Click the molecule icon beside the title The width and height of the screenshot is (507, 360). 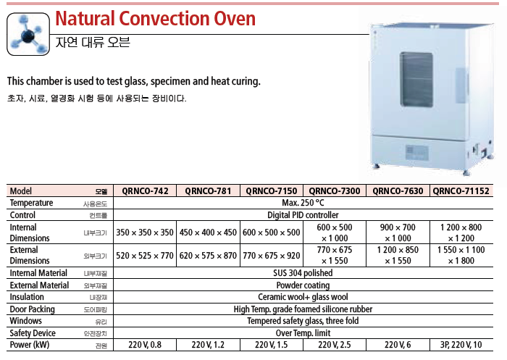pyautogui.click(x=28, y=34)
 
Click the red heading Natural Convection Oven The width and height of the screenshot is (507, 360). pyautogui.click(x=155, y=18)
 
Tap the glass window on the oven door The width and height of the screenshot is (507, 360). pyautogui.click(x=416, y=80)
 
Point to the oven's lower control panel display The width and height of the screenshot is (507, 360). pyautogui.click(x=417, y=152)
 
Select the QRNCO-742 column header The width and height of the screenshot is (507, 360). pyautogui.click(x=145, y=191)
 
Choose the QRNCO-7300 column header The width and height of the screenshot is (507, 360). pyautogui.click(x=335, y=191)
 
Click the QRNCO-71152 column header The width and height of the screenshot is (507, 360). pyautogui.click(x=461, y=191)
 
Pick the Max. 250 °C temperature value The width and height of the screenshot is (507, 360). pyautogui.click(x=303, y=203)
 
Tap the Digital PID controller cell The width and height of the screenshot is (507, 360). pyautogui.click(x=303, y=215)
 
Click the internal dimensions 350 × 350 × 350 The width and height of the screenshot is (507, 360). pyautogui.click(x=145, y=233)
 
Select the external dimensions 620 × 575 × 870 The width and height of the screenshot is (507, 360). pyautogui.click(x=208, y=256)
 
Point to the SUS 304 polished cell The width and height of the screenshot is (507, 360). pyautogui.click(x=303, y=273)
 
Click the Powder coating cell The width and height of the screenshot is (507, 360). pyautogui.click(x=303, y=285)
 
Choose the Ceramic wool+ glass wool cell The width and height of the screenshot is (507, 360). pyautogui.click(x=303, y=297)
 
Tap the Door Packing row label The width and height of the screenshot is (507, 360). pyautogui.click(x=33, y=309)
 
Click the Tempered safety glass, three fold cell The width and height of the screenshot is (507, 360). pyautogui.click(x=303, y=321)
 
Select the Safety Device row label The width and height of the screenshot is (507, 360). pyautogui.click(x=33, y=333)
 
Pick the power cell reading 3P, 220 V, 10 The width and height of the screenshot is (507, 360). pyautogui.click(x=461, y=345)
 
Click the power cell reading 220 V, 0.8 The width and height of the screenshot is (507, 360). pyautogui.click(x=145, y=345)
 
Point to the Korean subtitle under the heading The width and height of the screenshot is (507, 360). pyautogui.click(x=93, y=42)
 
